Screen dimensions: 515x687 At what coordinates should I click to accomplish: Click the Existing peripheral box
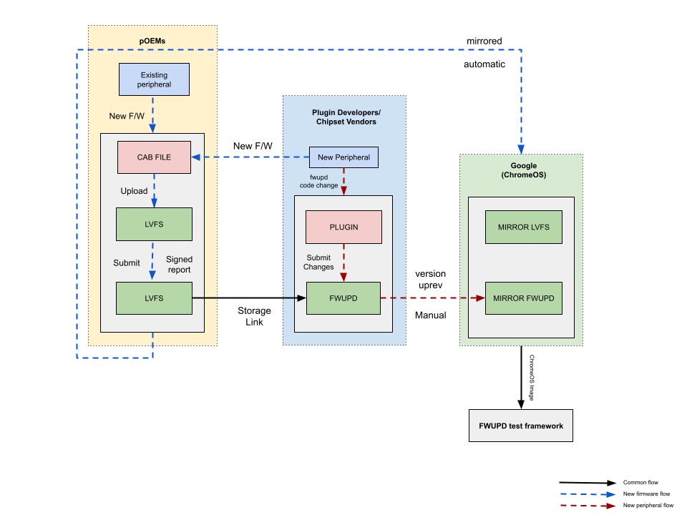pos(154,79)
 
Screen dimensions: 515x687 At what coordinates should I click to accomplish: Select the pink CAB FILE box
pos(154,157)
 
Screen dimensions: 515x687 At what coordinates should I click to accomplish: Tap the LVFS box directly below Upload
pos(154,224)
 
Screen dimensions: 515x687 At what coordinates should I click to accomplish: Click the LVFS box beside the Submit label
pos(154,298)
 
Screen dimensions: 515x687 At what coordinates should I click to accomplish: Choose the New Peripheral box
pos(343,157)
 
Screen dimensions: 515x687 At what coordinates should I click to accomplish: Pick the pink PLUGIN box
pos(343,227)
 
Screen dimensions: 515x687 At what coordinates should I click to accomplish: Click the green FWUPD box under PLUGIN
pos(343,298)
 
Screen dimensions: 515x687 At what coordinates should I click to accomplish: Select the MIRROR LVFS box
pos(523,227)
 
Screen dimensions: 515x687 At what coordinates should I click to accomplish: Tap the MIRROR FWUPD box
pos(523,298)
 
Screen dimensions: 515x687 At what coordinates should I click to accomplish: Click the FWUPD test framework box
pos(520,426)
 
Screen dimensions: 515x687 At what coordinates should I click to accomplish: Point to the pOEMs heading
pos(152,41)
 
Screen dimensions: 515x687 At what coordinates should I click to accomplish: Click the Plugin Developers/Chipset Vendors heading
pos(346,117)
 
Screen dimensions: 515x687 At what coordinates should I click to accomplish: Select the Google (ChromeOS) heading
pos(523,170)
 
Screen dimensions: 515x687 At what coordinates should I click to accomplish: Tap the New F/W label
pos(127,116)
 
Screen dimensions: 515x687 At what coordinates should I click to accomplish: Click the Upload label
pos(134,191)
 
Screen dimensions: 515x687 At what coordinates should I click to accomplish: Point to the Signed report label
pos(179,265)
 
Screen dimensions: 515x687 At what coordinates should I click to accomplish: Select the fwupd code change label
pos(318,181)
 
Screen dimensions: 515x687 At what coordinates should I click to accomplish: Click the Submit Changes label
pos(318,263)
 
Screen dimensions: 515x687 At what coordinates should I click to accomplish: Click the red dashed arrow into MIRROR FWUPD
pos(433,298)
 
